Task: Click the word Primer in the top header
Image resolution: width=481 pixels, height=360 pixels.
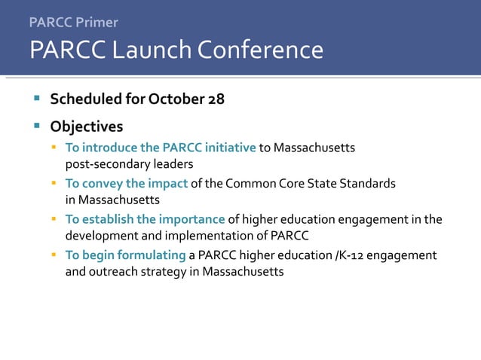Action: point(96,23)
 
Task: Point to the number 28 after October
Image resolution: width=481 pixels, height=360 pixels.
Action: point(216,99)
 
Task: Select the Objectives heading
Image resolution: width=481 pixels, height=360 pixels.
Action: point(86,126)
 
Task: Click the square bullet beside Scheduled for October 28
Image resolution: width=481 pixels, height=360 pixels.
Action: point(35,99)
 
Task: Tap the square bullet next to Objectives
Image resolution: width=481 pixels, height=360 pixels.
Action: point(35,125)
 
